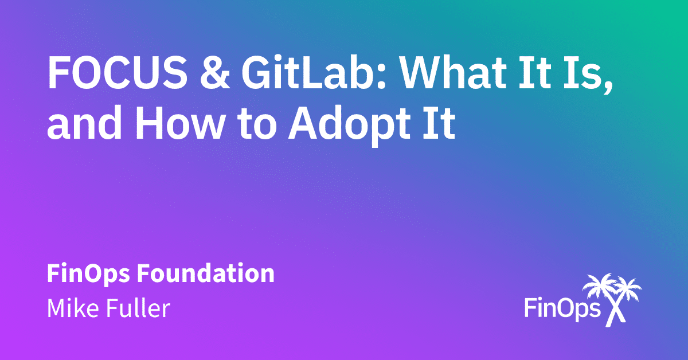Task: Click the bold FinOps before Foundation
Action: coord(83,274)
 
